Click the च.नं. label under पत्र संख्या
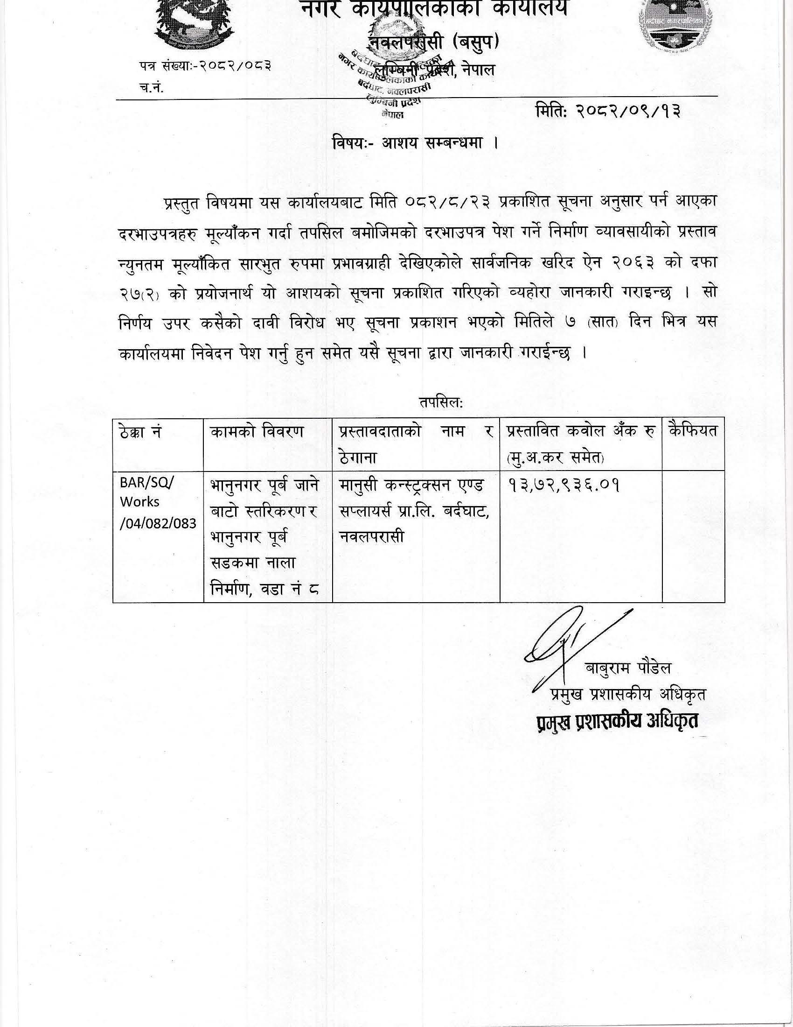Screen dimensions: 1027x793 tap(151, 88)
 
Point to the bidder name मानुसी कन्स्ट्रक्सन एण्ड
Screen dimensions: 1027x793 tap(414, 485)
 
